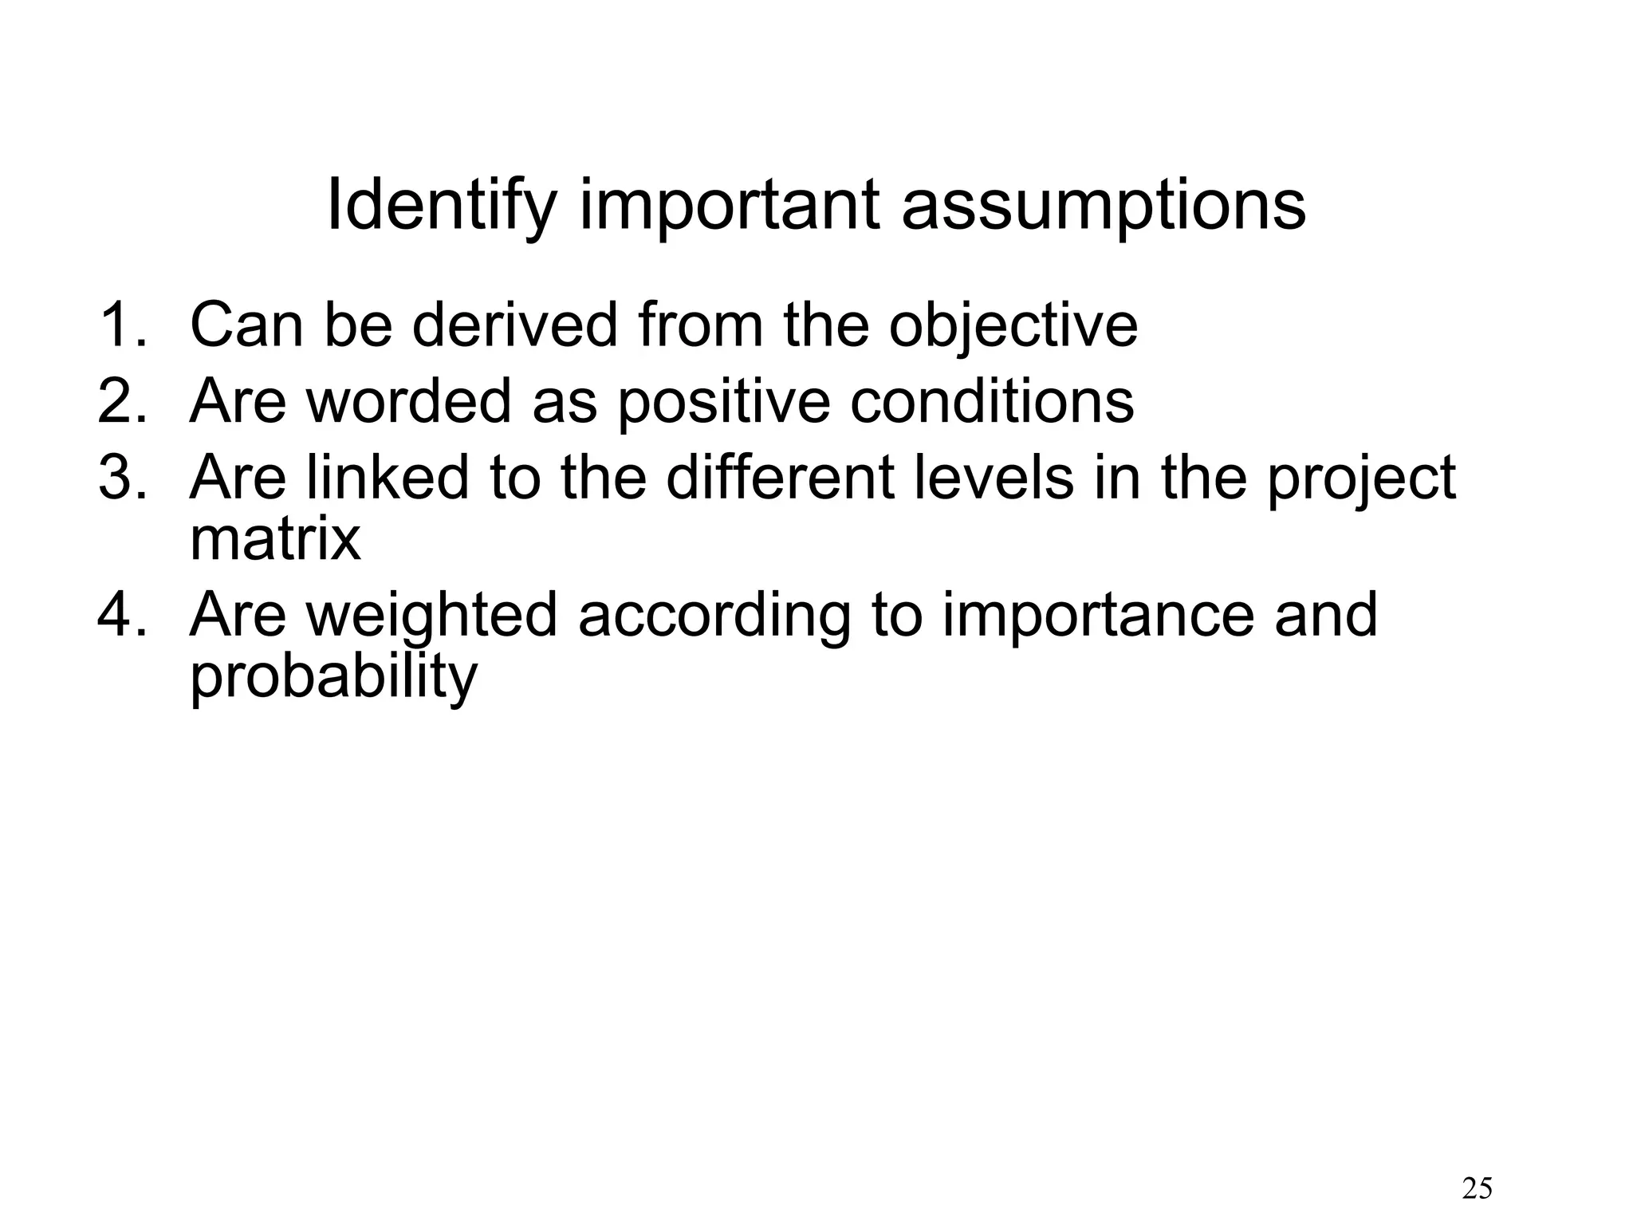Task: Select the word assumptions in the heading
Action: pos(1104,206)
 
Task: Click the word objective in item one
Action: pos(1013,325)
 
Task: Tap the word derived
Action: pos(514,325)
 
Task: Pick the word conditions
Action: pos(991,400)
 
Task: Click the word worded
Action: pos(408,400)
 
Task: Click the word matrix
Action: pos(275,539)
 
